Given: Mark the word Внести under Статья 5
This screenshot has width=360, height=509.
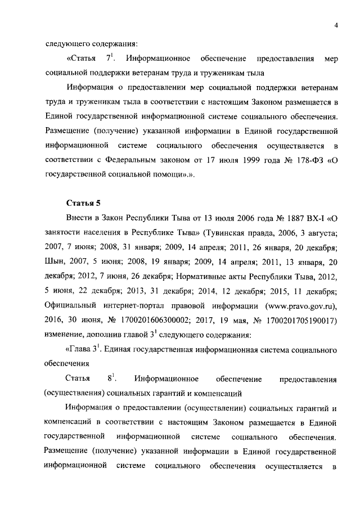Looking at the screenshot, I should [80, 219].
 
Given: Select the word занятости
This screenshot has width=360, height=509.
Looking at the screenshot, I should [62, 233].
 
